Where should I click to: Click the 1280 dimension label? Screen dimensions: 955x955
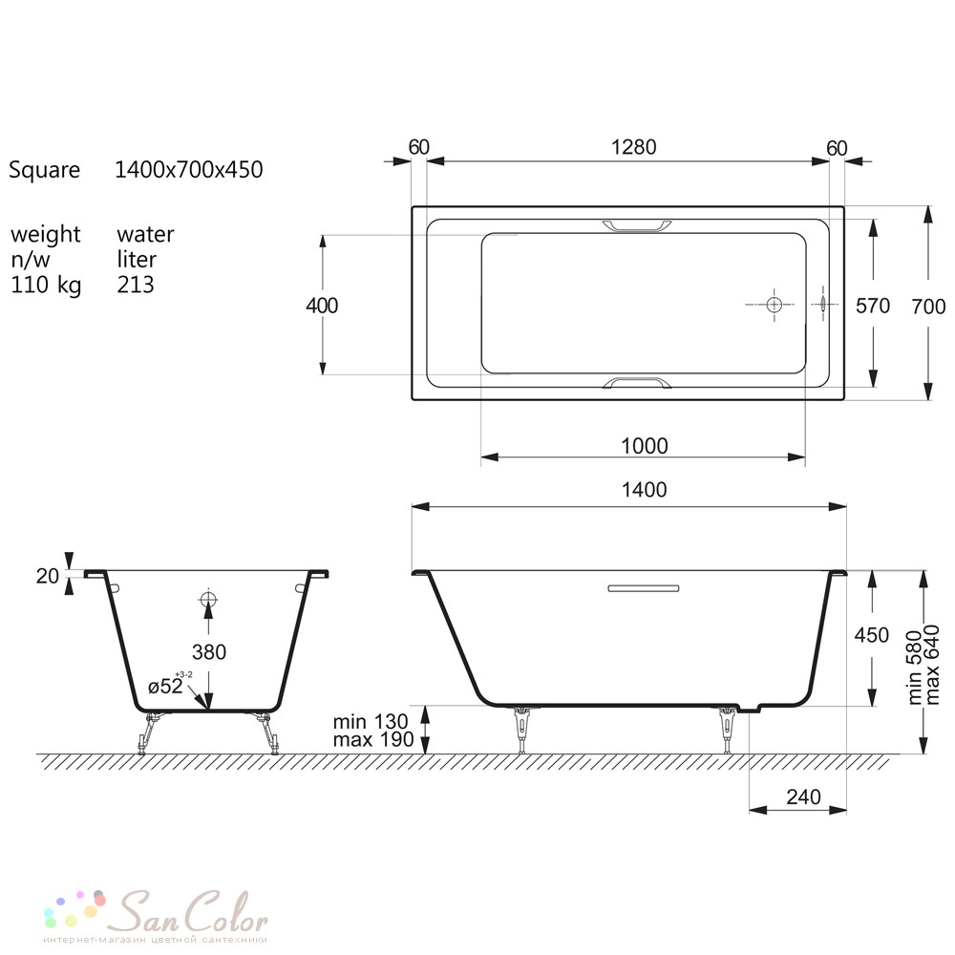(633, 147)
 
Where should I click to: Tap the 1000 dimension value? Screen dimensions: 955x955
(645, 446)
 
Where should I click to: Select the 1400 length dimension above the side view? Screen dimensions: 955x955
(644, 490)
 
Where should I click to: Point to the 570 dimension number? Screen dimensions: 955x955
(873, 306)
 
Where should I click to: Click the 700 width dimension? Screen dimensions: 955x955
(928, 307)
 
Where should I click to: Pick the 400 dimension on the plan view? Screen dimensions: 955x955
(322, 306)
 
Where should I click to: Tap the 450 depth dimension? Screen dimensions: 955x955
(872, 635)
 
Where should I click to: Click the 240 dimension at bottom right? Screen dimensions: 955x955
(803, 796)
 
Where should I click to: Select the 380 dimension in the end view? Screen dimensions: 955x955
(209, 652)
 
